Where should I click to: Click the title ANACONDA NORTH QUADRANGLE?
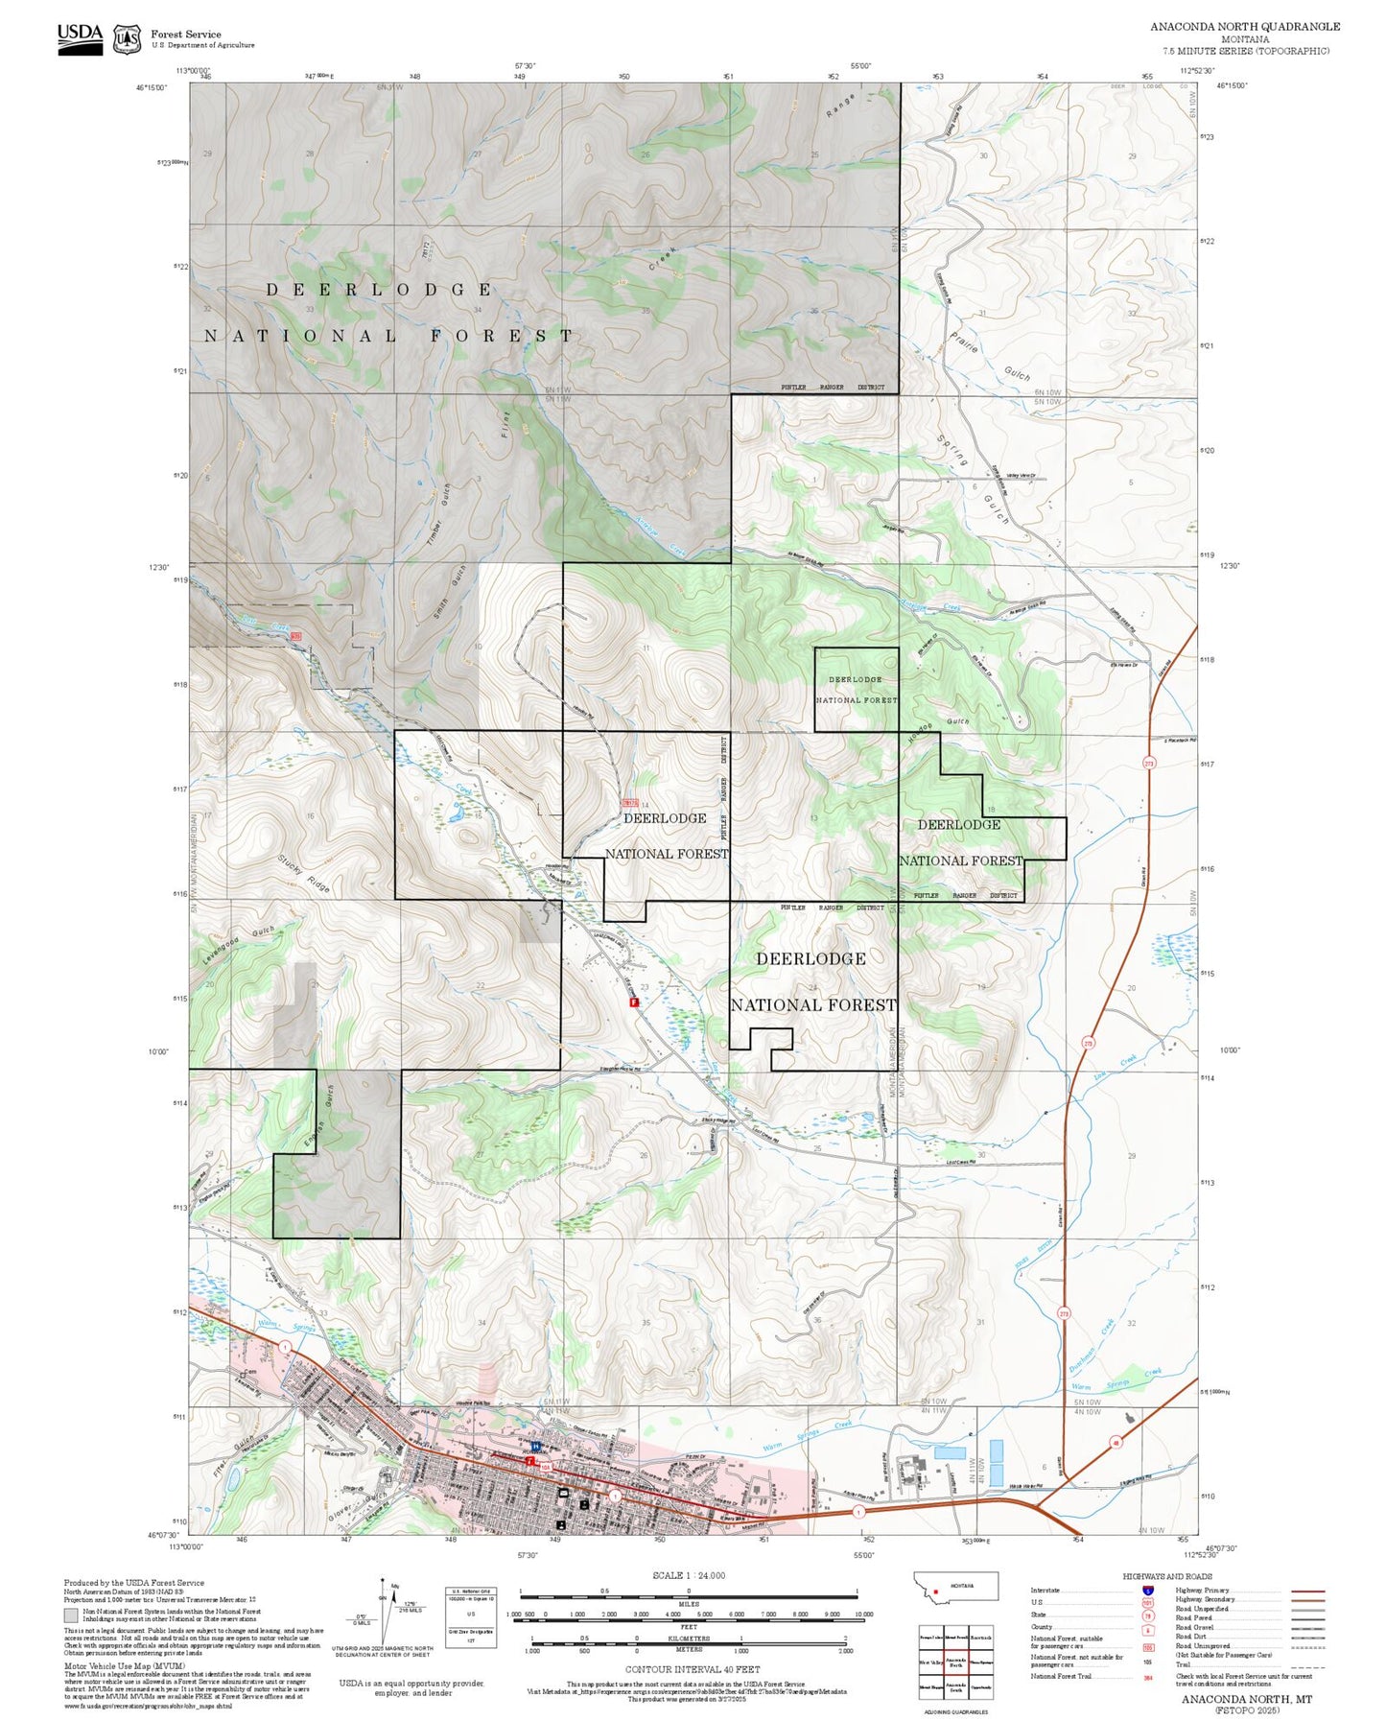click(1245, 26)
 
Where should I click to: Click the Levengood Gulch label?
click(239, 945)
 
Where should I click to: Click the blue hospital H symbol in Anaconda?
click(535, 1445)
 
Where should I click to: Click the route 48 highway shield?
click(1116, 1442)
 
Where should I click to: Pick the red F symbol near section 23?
click(633, 1002)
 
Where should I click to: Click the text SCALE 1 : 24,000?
click(688, 1575)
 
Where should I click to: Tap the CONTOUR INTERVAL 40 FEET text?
click(692, 1670)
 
